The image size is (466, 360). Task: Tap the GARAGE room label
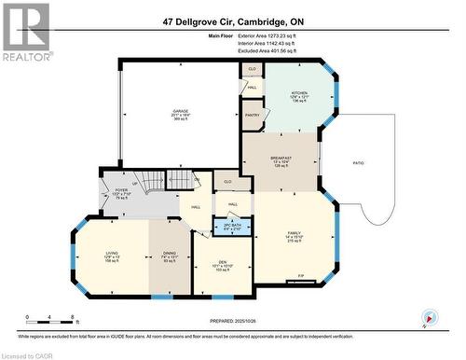point(180,111)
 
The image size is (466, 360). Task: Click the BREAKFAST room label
point(281,159)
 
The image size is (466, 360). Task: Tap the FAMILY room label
point(295,232)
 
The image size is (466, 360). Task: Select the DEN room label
point(223,262)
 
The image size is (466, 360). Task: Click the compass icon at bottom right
point(428,317)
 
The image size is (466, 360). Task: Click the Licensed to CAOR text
point(28,355)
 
